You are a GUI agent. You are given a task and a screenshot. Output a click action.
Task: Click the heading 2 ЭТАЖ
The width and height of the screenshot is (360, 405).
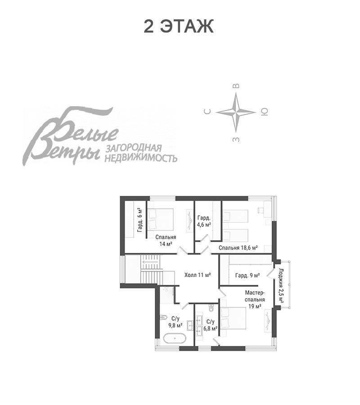(x=179, y=26)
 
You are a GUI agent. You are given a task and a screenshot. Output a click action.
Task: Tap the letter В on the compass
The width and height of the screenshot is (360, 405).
(x=236, y=86)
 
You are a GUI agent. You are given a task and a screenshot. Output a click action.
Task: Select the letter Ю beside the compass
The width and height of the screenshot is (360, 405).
(x=265, y=112)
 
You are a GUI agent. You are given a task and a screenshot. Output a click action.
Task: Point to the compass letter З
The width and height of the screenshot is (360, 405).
(x=236, y=139)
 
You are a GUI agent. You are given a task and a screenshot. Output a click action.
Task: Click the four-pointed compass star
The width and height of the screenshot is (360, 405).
(x=236, y=112)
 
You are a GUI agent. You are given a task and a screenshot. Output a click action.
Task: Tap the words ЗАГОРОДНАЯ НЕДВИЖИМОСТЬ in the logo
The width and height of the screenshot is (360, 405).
(x=140, y=153)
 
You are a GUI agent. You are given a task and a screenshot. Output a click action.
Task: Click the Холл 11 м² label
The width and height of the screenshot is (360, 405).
(x=198, y=275)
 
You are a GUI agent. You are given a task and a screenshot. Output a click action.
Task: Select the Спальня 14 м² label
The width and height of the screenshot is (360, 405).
(x=166, y=240)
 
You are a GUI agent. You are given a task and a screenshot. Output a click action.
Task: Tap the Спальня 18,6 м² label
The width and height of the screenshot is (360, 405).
(x=238, y=247)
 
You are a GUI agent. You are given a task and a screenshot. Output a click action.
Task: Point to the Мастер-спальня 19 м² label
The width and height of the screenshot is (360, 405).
(x=255, y=300)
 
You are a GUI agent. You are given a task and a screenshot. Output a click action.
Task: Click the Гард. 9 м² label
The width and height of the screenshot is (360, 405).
(x=247, y=275)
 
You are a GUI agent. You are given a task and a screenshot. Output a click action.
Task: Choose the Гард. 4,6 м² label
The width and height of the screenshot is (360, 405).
(x=204, y=221)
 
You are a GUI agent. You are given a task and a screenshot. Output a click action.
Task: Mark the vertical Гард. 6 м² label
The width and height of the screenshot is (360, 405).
(x=139, y=220)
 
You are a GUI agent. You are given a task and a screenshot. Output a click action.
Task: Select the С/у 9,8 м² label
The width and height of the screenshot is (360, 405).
(x=175, y=322)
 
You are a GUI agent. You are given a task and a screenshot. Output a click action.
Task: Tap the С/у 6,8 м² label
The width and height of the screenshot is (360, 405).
(x=211, y=325)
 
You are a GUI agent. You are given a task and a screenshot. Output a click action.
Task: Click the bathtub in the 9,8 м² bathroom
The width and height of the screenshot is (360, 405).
(x=175, y=338)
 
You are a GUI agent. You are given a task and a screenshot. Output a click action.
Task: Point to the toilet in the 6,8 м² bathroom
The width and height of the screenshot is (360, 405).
(x=211, y=308)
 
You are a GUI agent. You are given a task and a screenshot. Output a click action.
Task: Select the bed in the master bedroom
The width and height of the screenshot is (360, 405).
(x=233, y=320)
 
